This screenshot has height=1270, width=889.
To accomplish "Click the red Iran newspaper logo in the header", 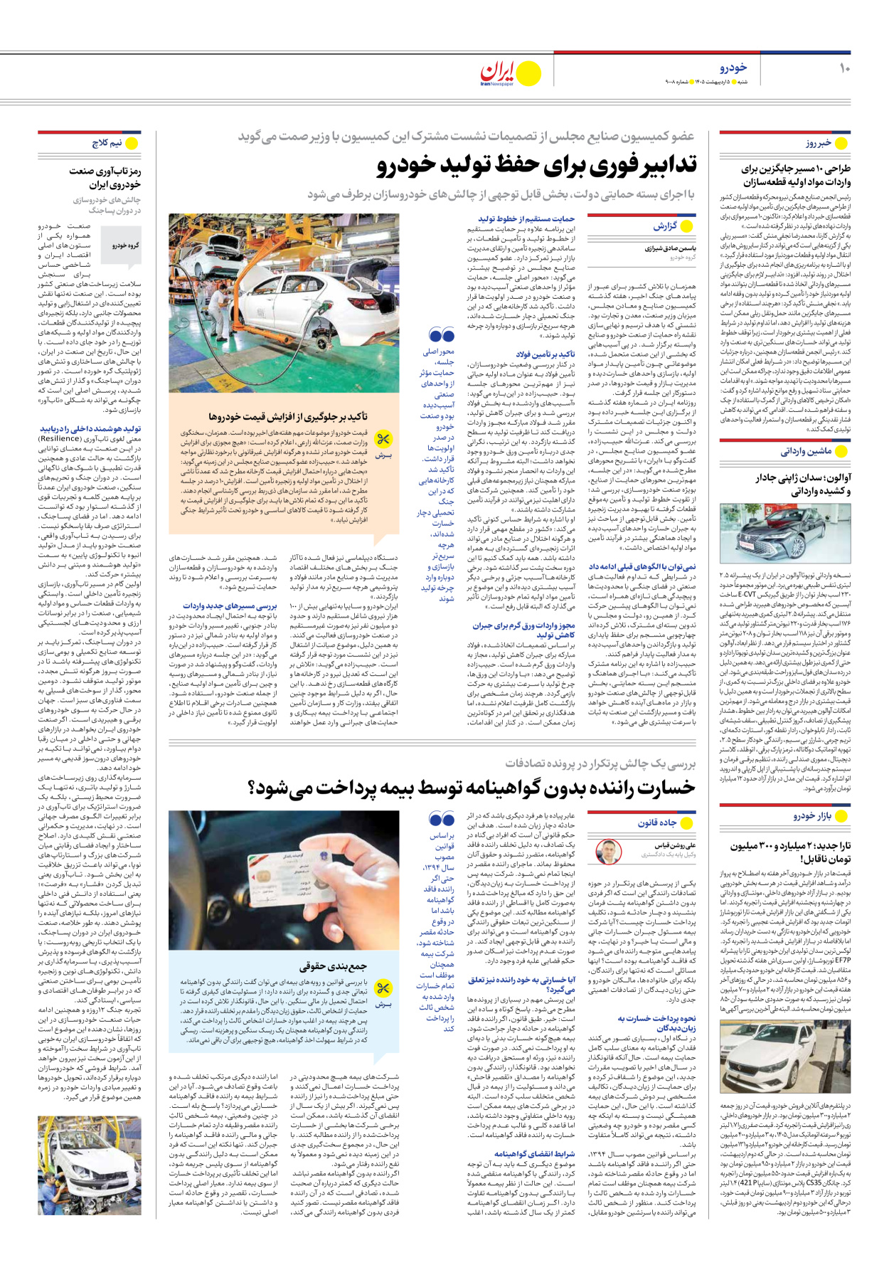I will tap(497, 73).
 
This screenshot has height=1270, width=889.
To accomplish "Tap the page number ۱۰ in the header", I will tap(844, 68).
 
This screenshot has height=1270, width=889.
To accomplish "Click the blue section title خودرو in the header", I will tap(733, 68).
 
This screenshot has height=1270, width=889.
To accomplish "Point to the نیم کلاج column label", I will tap(107, 143).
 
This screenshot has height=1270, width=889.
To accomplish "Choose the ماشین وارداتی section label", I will tap(806, 451).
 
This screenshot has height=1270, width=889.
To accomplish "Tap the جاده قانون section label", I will tap(657, 823).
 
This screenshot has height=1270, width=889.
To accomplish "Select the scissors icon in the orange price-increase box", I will tap(383, 440).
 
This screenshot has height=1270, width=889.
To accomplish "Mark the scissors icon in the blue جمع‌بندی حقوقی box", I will tap(383, 988).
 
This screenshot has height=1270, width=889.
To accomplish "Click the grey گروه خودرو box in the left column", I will tap(125, 245).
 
